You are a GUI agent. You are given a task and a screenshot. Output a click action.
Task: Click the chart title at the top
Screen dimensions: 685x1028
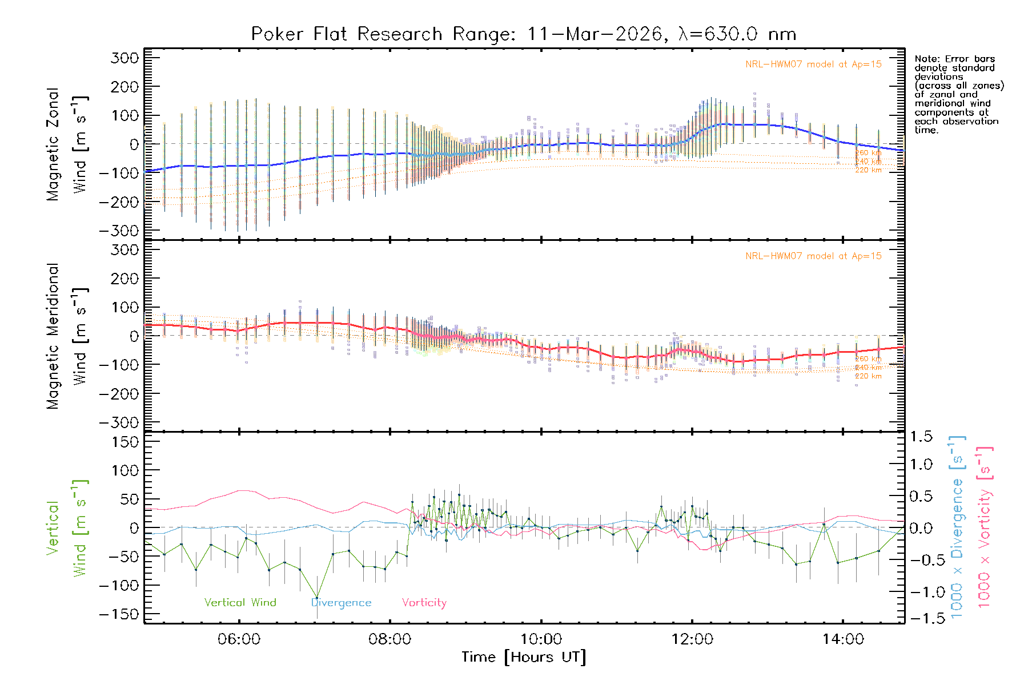coord(524,34)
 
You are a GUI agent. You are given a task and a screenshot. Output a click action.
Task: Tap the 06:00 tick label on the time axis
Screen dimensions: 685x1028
coord(239,639)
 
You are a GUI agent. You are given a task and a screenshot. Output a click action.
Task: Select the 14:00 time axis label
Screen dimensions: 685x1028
coord(843,639)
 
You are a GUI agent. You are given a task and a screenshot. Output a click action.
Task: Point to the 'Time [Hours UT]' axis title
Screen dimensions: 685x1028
coord(524,658)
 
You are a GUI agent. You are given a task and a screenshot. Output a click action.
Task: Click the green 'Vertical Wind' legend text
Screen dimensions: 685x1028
coord(240,603)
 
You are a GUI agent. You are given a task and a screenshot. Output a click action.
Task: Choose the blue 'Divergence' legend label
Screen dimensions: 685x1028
coord(341,603)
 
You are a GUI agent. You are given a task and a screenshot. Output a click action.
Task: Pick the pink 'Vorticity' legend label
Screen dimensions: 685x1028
coord(424,603)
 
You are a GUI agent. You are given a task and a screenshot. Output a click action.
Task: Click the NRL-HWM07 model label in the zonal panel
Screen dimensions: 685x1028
coord(813,65)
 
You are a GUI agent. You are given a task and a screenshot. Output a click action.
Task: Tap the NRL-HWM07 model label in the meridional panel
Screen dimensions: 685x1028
coord(813,256)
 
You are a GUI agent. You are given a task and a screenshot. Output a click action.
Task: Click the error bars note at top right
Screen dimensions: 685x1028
coord(958,94)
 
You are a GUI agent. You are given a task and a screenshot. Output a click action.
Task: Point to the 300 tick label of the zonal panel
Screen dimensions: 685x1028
coord(125,58)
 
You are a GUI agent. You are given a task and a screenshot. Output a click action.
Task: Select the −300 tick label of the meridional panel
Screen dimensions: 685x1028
coord(119,423)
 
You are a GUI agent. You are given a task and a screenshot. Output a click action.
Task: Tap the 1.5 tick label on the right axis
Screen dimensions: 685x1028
coord(921,437)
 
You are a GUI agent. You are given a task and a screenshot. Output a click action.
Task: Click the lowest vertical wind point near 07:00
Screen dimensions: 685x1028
coord(317,598)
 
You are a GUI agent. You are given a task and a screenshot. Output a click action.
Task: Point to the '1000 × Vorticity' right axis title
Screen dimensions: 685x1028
coord(985,526)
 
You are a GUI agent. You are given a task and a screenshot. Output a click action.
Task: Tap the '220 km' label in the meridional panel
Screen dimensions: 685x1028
coord(868,377)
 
